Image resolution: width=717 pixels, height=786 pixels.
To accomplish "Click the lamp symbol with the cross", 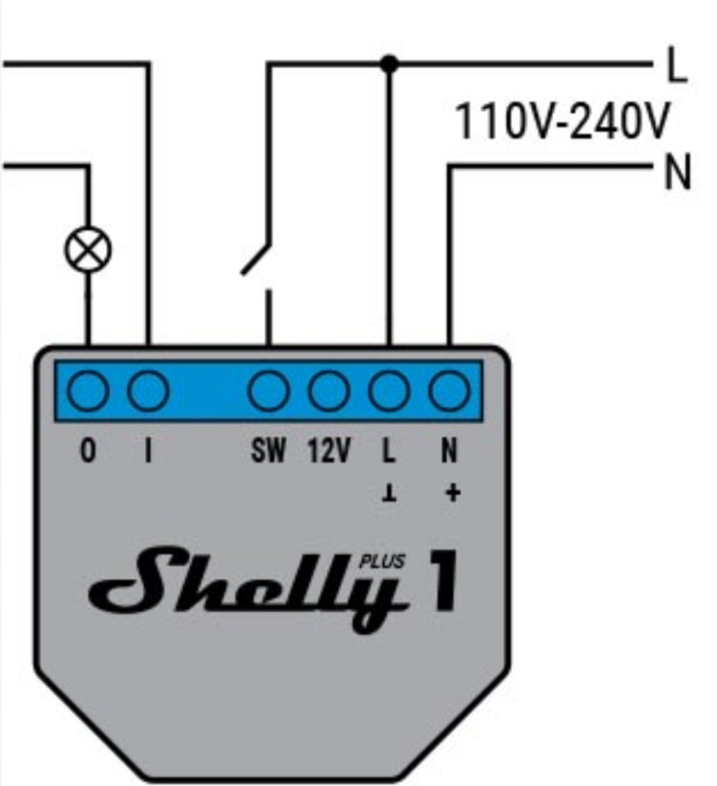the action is point(88,249).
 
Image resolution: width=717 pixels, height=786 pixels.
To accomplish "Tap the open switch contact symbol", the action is point(257,259).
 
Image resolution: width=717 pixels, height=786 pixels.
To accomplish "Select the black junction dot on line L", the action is point(389,64).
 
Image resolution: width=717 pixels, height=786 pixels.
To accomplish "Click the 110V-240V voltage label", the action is point(561,120).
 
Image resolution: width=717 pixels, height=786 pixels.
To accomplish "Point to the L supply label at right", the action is point(678,64).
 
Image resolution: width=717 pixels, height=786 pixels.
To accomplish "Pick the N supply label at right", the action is point(678,172).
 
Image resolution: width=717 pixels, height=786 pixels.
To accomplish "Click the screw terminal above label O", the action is point(88,391).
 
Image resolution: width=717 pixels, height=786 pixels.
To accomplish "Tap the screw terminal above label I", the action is point(148,391).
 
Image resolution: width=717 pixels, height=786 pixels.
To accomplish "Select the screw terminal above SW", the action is point(268,391).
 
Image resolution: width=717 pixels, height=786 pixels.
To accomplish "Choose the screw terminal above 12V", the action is point(328,391).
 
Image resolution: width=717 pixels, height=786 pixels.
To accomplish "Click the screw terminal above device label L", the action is point(390,391).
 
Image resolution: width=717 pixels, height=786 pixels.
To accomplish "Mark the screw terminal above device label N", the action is point(450,391).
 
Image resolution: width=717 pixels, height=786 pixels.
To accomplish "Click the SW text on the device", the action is point(268,450).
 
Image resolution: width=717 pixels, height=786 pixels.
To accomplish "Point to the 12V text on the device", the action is point(328,450).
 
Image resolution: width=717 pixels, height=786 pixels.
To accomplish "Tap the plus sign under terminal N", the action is point(453,493).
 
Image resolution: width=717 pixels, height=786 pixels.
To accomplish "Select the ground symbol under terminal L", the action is point(390,494).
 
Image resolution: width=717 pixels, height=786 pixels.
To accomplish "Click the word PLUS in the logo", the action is point(382,562).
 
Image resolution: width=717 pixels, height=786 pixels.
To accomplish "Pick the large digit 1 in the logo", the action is point(443,580).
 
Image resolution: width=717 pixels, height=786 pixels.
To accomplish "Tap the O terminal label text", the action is point(88,450).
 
